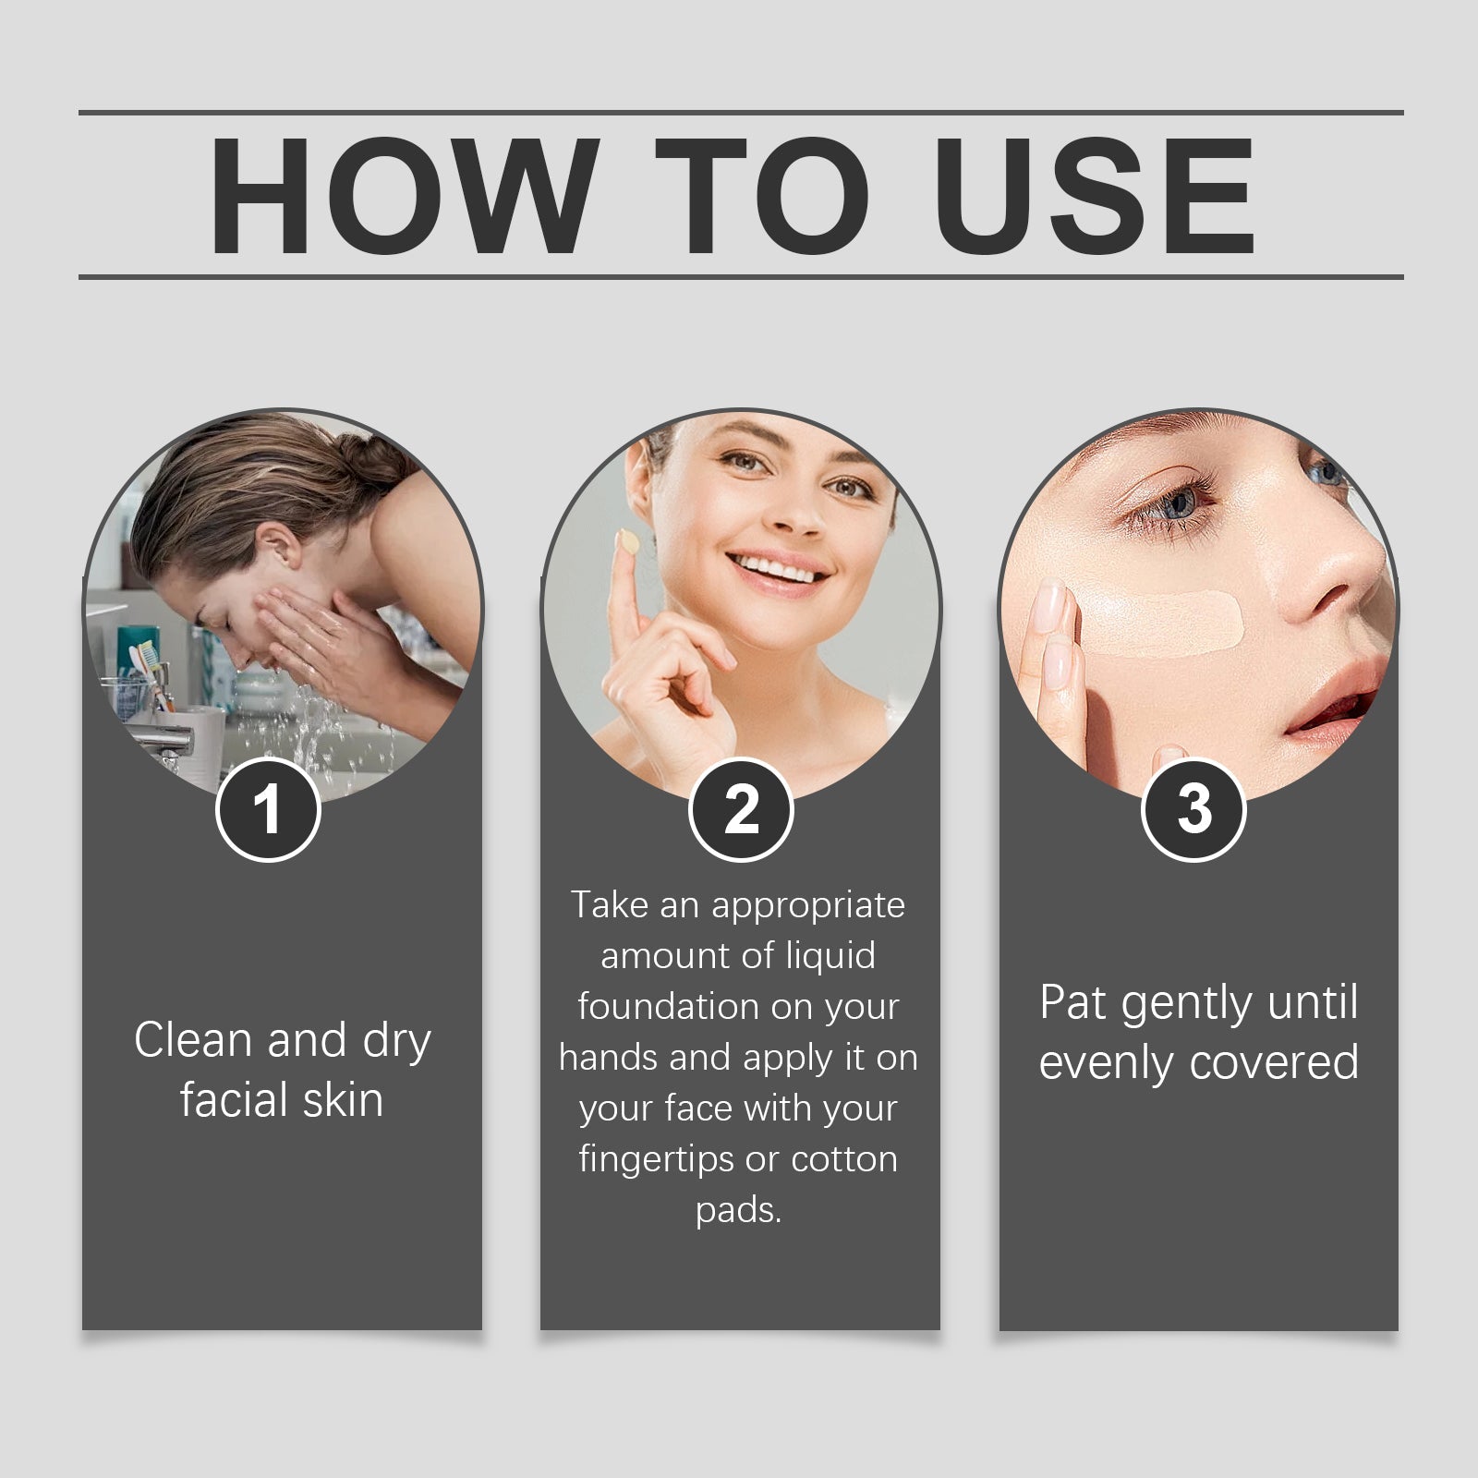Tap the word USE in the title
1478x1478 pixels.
click(1095, 196)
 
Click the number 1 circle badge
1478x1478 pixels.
click(268, 809)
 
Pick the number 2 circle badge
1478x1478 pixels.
click(741, 809)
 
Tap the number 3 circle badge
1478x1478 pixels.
click(1194, 809)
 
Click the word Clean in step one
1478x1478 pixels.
click(193, 1040)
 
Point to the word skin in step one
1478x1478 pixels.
click(340, 1100)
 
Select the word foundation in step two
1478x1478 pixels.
click(667, 1006)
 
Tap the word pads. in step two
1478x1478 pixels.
click(738, 1209)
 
